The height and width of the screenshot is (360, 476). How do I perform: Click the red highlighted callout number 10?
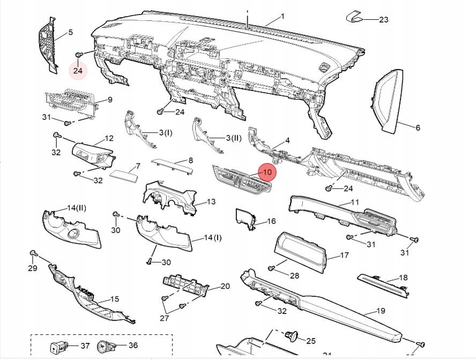tap(267, 172)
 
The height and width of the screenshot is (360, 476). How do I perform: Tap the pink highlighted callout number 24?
tap(78, 70)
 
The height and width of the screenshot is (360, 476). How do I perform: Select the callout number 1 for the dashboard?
tap(282, 17)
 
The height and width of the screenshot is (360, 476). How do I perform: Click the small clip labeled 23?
tap(354, 16)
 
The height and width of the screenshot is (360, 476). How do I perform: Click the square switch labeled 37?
tap(55, 346)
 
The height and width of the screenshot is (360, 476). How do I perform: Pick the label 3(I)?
tap(165, 132)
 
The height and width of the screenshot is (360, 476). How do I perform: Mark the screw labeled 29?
tap(33, 252)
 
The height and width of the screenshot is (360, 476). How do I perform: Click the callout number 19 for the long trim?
tap(381, 311)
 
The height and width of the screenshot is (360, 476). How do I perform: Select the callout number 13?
tap(211, 202)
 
